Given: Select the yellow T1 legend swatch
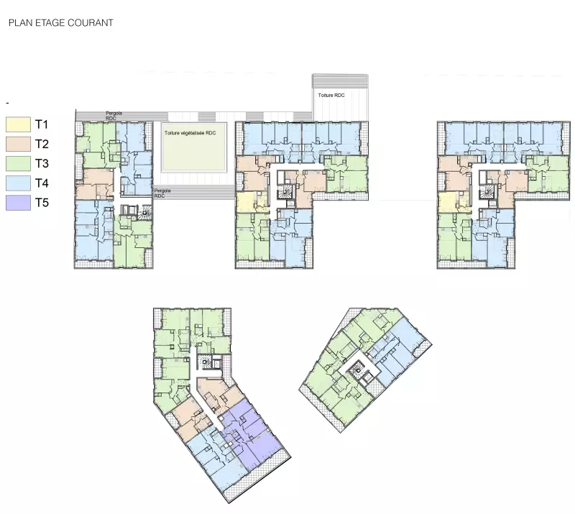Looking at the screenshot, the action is [18, 124].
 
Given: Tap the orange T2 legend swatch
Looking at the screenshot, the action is [18, 144].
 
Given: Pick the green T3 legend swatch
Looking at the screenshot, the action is [18, 163].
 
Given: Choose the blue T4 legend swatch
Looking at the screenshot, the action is [18, 183].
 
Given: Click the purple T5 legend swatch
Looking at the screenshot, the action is [18, 203].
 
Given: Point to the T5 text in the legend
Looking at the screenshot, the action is [42, 203].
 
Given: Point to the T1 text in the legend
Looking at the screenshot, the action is [42, 124].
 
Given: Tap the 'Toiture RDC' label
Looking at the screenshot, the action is [331, 96].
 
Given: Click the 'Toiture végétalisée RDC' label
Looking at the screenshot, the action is [190, 133].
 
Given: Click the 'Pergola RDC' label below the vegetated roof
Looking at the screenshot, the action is [162, 193].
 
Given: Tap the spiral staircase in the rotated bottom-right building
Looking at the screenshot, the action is [356, 371].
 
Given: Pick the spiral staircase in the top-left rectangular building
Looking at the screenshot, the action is [145, 213].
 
